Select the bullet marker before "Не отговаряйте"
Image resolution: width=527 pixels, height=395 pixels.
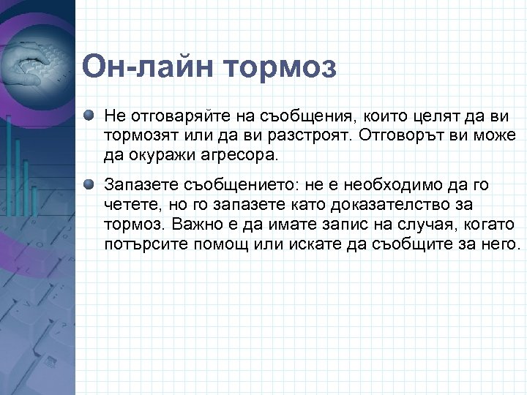pos(89,116)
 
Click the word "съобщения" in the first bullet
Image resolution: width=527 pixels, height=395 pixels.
pos(267,116)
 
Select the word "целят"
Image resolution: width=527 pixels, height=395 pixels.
pos(387,116)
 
